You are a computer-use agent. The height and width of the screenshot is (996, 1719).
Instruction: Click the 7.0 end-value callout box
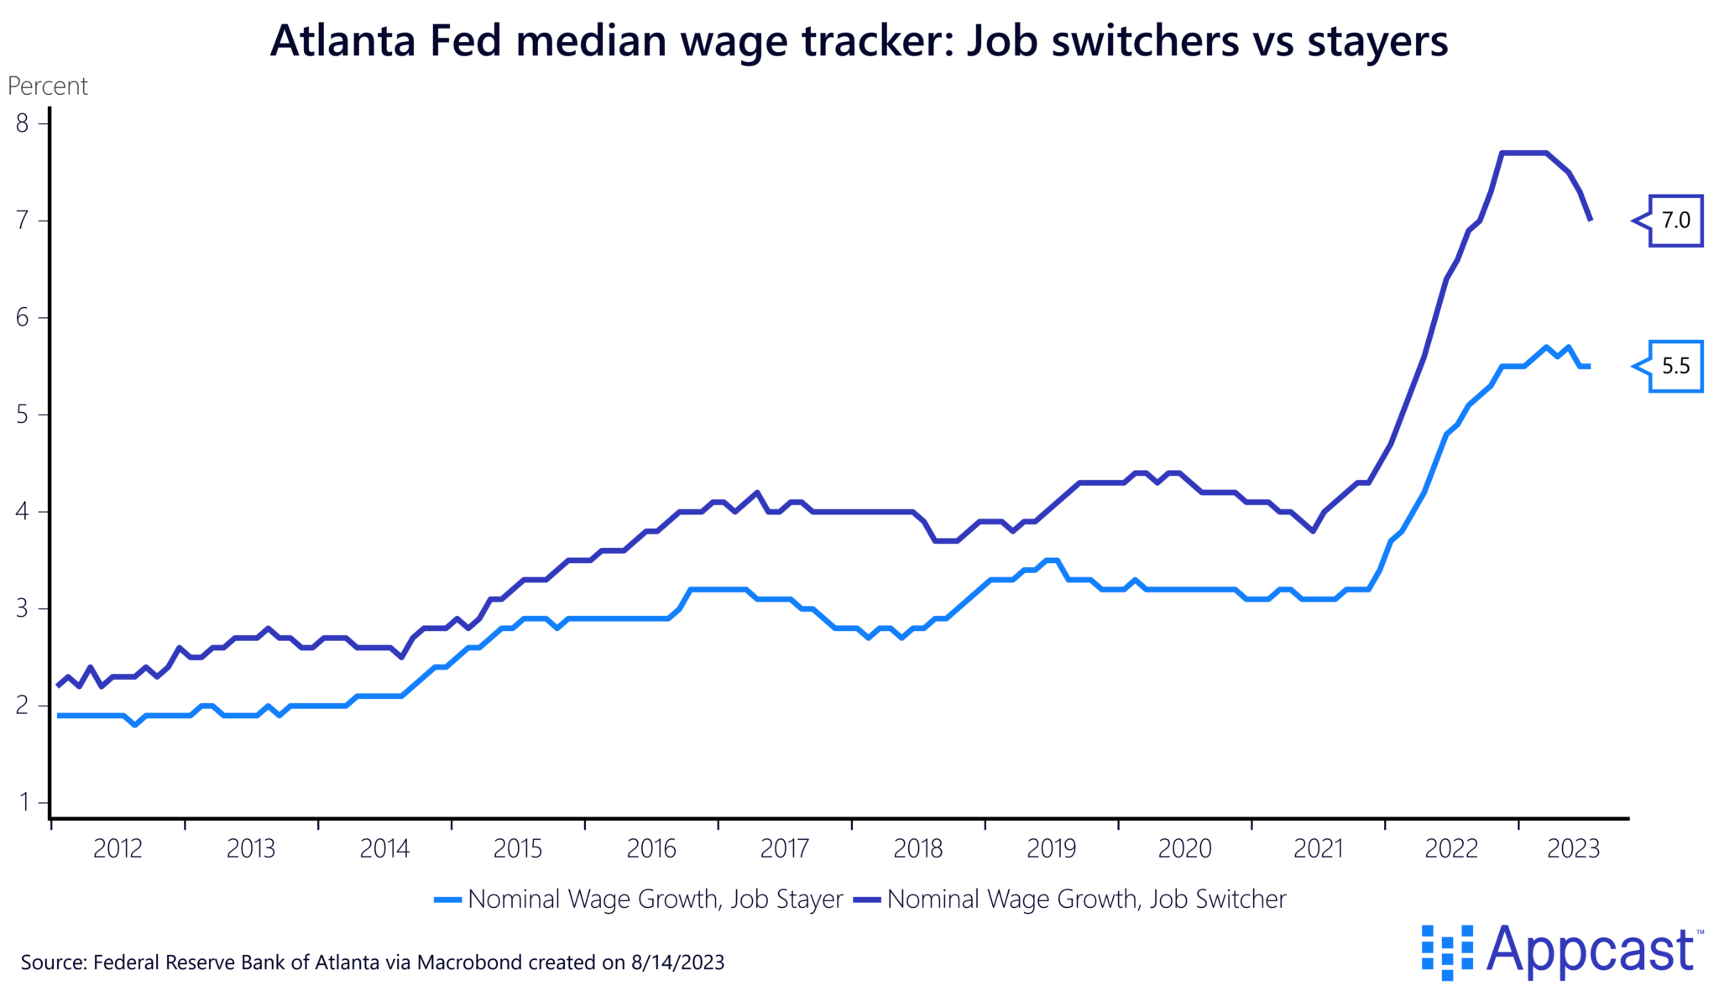tap(1675, 221)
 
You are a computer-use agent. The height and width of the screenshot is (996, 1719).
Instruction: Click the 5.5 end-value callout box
tap(1675, 366)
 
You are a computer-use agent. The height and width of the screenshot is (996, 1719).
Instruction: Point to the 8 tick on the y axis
tap(22, 124)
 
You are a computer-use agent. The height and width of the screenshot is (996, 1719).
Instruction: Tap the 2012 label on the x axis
tap(118, 849)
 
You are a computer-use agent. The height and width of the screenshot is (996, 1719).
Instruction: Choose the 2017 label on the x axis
tap(784, 849)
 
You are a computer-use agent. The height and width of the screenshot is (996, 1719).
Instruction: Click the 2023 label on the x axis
tap(1573, 849)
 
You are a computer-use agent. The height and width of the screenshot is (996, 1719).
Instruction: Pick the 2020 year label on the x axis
tap(1184, 849)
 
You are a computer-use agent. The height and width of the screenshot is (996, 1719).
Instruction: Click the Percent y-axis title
tap(48, 86)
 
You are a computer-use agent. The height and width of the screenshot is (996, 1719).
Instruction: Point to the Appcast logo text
tap(1590, 951)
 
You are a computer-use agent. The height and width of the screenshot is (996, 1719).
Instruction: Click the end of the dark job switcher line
tap(1590, 220)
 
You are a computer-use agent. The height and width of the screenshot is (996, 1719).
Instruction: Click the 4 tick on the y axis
tap(22, 512)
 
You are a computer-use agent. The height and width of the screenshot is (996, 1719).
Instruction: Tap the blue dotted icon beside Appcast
tap(1446, 952)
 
